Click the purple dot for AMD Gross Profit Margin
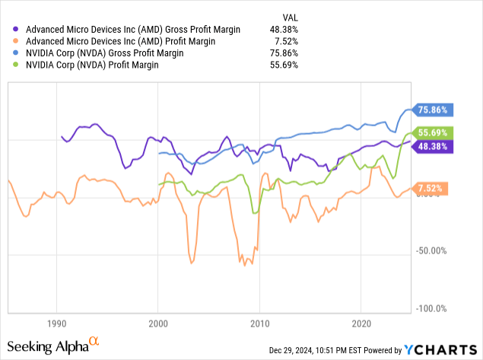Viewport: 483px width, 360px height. [x=17, y=30]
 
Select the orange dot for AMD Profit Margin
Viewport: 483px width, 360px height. [x=17, y=42]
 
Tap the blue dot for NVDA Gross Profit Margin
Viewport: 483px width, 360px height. [x=17, y=54]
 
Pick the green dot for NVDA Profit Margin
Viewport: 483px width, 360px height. [x=17, y=66]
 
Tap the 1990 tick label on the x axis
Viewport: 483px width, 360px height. [x=56, y=322]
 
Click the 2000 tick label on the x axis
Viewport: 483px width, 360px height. [x=157, y=322]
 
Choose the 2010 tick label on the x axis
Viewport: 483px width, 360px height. [x=259, y=322]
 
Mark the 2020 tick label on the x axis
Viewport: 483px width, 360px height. [x=361, y=322]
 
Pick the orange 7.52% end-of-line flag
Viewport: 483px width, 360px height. [x=431, y=188]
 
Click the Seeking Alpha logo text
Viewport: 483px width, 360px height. [x=53, y=347]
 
